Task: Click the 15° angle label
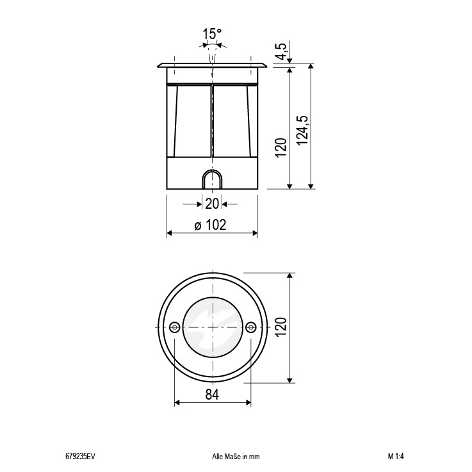click(211, 34)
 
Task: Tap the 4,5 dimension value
click(282, 51)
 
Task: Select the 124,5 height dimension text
click(302, 130)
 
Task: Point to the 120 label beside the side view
click(281, 147)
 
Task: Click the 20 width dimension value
click(212, 204)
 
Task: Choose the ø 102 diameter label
click(211, 225)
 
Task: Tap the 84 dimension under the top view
click(212, 394)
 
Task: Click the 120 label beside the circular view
click(281, 327)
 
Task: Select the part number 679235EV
click(80, 457)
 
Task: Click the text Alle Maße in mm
click(236, 457)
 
